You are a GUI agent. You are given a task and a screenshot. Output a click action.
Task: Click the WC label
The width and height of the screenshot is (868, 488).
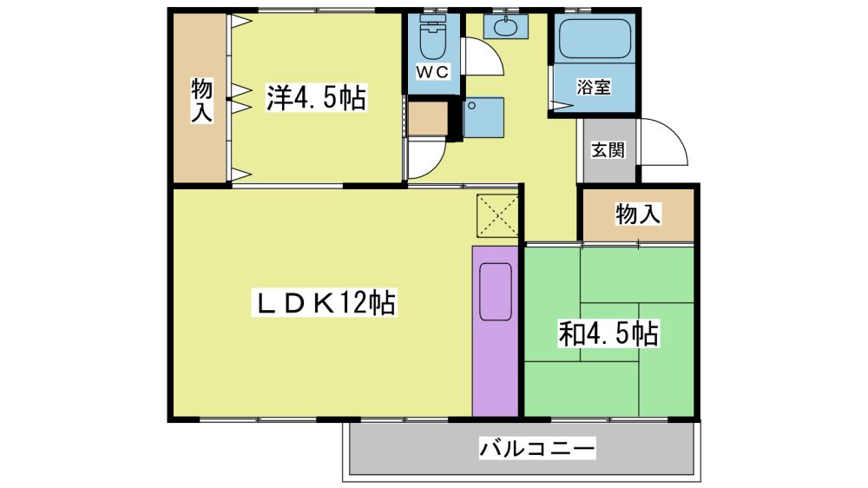click(433, 72)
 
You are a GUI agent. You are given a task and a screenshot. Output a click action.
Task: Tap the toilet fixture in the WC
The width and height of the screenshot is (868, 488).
click(433, 36)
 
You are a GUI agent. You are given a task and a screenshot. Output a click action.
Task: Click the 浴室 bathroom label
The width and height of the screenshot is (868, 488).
click(594, 87)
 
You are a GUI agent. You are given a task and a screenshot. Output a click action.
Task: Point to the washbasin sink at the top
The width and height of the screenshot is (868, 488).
click(505, 25)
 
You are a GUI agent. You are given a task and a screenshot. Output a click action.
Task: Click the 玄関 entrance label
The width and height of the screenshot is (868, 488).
click(608, 149)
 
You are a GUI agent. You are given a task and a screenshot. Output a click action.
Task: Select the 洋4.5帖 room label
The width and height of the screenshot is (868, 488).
click(316, 98)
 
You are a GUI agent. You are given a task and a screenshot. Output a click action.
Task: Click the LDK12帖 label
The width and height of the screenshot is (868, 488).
click(324, 303)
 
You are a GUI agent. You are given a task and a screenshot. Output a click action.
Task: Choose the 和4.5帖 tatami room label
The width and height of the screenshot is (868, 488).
click(608, 334)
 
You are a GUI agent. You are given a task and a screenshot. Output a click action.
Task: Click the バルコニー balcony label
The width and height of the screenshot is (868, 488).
click(537, 447)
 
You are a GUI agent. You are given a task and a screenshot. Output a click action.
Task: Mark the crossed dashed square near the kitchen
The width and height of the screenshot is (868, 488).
click(497, 215)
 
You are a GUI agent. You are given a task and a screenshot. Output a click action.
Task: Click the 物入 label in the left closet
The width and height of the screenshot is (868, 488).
click(201, 100)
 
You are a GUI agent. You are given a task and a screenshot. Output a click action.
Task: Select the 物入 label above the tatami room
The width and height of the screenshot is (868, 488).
click(638, 214)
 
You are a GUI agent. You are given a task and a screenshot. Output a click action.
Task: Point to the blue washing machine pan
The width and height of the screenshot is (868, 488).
click(483, 117)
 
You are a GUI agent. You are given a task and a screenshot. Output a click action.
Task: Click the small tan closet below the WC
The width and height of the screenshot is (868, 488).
click(428, 118)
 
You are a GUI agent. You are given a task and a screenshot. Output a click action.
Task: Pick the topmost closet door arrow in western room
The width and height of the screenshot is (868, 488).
click(242, 21)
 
